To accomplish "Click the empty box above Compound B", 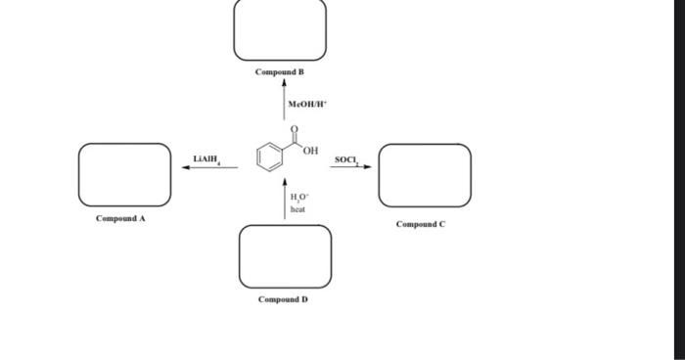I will coord(280,30).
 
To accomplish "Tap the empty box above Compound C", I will coord(425,175).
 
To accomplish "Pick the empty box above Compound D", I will coord(285,256).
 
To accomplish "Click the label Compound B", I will coord(280,72).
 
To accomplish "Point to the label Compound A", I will coord(120,218).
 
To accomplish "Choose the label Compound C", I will coord(421,224).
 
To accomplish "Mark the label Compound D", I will coord(283,299).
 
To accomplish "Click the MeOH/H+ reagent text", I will coord(306,103).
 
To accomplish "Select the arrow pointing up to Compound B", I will coord(285,102).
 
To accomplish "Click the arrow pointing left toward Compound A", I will coord(209,167).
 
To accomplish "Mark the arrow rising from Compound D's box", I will coord(285,200).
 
